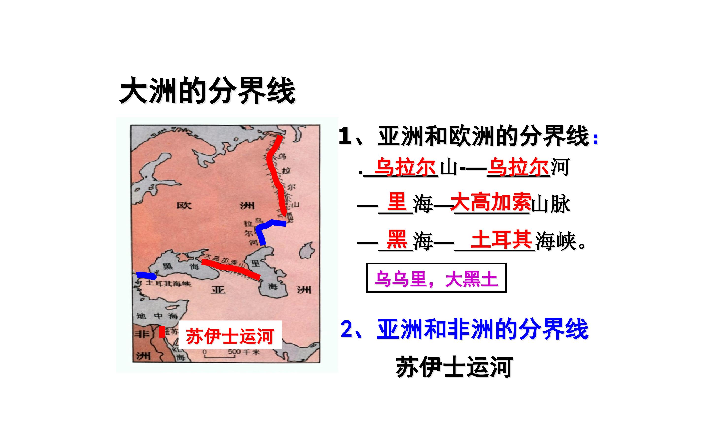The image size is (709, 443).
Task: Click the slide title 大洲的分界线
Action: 208,91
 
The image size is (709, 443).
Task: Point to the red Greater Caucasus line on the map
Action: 231,268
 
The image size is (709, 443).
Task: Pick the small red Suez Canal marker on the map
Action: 162,332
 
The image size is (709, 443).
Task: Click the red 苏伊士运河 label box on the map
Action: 230,335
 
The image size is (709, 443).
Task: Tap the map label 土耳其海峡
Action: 168,284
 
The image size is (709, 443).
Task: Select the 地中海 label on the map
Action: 157,316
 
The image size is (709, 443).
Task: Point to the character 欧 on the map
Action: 184,206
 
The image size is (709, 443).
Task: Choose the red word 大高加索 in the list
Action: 491,202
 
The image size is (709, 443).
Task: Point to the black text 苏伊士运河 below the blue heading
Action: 454,367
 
